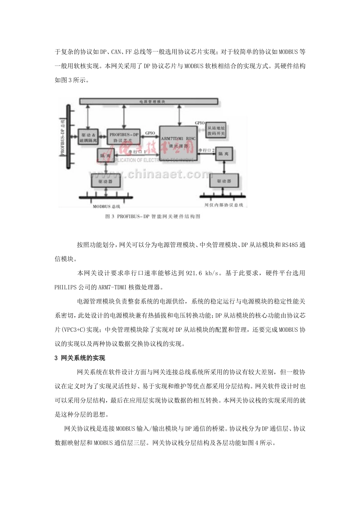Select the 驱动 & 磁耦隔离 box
click(88, 137)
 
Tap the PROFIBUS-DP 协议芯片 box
click(124, 137)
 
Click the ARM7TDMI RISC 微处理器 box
click(178, 142)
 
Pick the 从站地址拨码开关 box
click(216, 131)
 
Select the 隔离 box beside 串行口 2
click(224, 154)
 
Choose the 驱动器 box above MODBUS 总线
click(106, 181)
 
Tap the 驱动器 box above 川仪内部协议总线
click(224, 181)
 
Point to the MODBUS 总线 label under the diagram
click(106, 206)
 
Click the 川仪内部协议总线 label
click(224, 205)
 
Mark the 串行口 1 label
click(137, 151)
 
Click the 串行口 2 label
click(207, 150)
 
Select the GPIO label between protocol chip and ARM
click(150, 133)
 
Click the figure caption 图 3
click(110, 217)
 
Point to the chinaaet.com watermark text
click(152, 174)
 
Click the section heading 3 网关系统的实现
click(80, 358)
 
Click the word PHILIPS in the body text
click(66, 287)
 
